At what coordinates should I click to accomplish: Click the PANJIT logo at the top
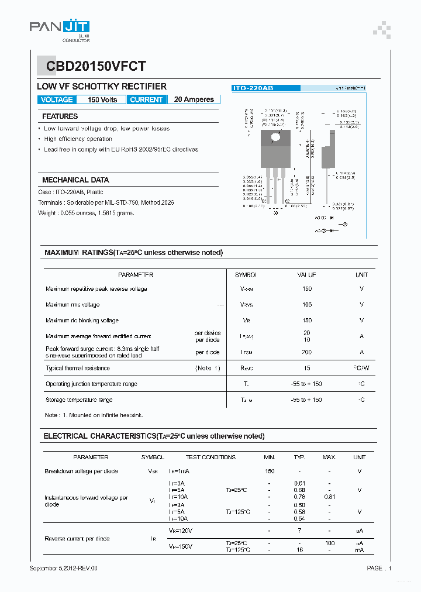[60, 27]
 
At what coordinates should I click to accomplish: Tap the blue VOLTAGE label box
[57, 99]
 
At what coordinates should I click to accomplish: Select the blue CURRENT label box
[146, 99]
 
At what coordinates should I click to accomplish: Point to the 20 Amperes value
[194, 99]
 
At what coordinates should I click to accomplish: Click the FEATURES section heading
[60, 116]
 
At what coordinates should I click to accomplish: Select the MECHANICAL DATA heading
[75, 180]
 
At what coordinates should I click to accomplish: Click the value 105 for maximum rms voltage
[307, 305]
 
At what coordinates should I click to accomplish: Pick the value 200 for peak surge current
[307, 352]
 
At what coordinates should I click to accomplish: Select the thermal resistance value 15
[307, 368]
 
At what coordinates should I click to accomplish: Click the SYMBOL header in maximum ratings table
[246, 274]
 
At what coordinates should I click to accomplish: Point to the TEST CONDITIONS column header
[210, 457]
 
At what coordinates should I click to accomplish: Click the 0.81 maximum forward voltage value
[329, 497]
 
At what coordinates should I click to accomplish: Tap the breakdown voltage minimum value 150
[270, 471]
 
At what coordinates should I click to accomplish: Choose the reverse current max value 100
[329, 543]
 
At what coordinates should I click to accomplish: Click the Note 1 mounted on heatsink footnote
[94, 415]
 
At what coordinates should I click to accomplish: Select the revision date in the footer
[64, 568]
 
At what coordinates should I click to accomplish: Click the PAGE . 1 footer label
[379, 568]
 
